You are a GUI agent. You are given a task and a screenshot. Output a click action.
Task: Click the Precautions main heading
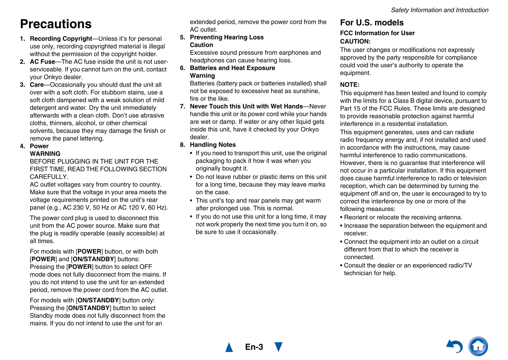coord(56,24)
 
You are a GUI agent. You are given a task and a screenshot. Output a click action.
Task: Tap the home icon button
coord(478,346)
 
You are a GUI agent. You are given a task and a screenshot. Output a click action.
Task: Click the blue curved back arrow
coord(455,346)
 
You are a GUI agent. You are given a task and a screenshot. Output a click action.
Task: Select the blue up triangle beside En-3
coord(229,347)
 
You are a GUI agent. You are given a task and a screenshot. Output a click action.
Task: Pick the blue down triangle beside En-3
coord(278,347)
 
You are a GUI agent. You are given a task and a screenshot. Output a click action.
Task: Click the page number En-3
coord(254,347)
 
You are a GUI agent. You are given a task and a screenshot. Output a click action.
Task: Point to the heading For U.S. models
coord(372,22)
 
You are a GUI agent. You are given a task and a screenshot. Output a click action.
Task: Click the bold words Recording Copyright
coord(61,39)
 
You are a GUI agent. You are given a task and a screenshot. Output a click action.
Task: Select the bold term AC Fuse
coord(43,62)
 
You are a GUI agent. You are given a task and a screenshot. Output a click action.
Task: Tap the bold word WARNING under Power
coord(45,154)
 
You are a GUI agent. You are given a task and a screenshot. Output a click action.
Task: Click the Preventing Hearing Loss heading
coord(227,37)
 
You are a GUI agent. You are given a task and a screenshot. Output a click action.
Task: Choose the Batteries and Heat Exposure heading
coord(232,68)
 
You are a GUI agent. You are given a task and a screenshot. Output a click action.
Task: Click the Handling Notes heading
coord(213,145)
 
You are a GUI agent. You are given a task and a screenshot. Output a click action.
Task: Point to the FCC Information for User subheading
coord(377,33)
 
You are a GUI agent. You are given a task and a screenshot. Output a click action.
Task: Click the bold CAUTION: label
coord(355,42)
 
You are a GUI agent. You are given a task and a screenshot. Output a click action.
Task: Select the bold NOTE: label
coord(350,85)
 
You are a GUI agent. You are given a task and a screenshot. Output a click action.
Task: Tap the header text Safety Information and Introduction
coord(439,10)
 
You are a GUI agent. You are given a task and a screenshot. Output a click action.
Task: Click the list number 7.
coord(182,106)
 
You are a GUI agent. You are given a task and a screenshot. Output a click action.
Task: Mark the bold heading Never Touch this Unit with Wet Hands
coord(246,106)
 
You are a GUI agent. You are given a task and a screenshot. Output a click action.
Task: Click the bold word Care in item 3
coord(37,85)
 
